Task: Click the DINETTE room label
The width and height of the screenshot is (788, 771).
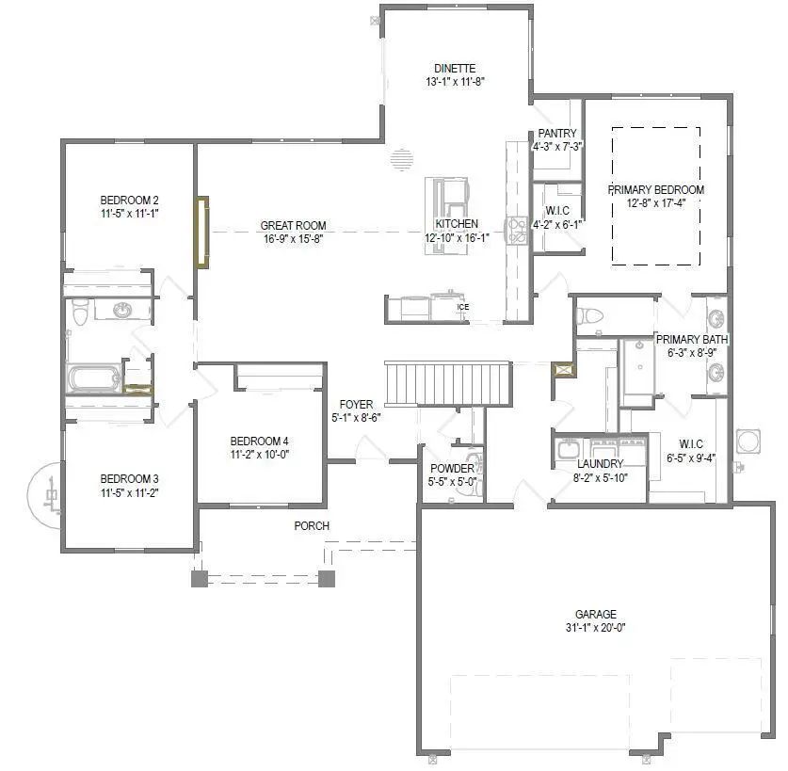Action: click(455, 69)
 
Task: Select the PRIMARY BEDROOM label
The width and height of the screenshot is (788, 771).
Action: click(655, 189)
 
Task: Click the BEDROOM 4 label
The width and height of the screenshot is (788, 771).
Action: click(259, 441)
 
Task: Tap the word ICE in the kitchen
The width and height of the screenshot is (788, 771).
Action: click(462, 307)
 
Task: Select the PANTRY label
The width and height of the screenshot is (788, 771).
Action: click(557, 134)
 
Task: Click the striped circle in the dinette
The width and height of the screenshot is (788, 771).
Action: click(402, 159)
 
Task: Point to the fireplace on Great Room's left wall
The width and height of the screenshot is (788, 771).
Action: click(201, 232)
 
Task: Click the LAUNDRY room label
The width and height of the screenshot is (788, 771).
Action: click(601, 464)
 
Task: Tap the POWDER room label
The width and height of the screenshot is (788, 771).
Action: click(453, 469)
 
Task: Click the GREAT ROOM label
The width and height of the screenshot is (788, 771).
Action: click(294, 225)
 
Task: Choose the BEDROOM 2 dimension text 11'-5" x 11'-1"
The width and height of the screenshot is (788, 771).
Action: click(129, 214)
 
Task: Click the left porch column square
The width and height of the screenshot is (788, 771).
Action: click(200, 579)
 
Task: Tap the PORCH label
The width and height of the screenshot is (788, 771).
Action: click(312, 525)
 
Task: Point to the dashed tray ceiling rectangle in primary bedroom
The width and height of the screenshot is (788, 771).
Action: click(655, 196)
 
